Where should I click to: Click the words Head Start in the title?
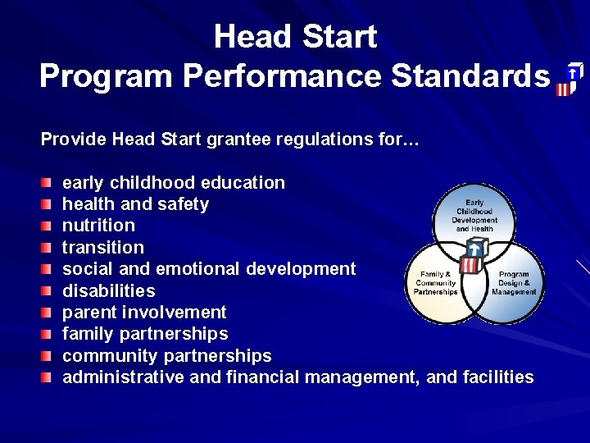pos(295,37)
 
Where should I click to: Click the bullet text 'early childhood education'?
pos(174,182)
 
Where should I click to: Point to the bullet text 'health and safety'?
pos(135,203)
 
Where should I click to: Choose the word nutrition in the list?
pos(98,225)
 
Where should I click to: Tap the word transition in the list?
pos(102,247)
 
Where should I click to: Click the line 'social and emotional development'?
pos(209,268)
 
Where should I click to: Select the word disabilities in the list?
pos(108,290)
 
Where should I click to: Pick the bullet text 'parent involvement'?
pos(144,312)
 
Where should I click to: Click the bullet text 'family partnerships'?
pos(145,334)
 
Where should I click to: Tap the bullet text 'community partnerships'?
pos(166,356)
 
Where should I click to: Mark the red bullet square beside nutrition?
pos(47,225)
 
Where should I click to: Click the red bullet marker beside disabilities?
pos(47,290)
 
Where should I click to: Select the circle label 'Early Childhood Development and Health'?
pos(474,215)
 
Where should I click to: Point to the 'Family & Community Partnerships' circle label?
pos(436,283)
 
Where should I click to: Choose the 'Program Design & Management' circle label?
pos(514,283)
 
